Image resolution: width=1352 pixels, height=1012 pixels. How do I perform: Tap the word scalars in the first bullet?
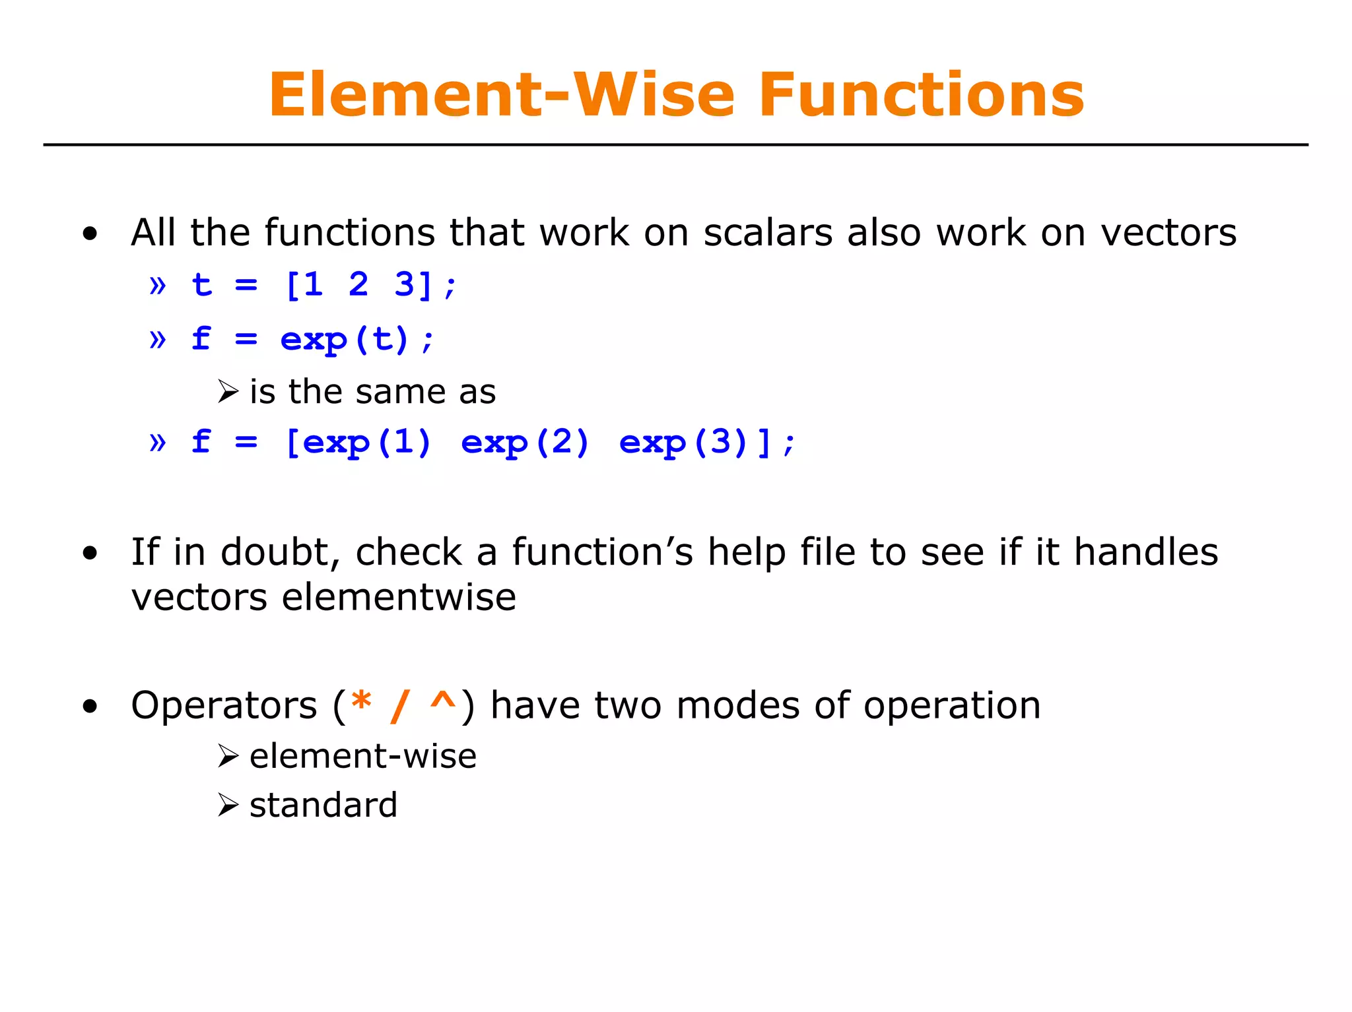[x=768, y=233]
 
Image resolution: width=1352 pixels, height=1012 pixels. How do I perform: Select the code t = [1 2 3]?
[x=323, y=286]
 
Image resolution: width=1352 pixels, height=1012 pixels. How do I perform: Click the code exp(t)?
[x=357, y=340]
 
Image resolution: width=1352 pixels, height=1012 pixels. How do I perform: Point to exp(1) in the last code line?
[x=366, y=443]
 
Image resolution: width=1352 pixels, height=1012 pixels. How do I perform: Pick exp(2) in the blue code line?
[x=525, y=443]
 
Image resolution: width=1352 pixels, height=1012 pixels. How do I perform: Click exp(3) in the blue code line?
[x=683, y=443]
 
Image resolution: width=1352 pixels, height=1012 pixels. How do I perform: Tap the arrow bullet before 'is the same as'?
[x=228, y=392]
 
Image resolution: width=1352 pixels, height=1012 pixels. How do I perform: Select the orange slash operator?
[x=400, y=706]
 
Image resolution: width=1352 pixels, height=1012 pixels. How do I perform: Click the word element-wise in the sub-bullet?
[x=363, y=756]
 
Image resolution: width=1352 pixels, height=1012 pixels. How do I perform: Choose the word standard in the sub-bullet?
[x=323, y=806]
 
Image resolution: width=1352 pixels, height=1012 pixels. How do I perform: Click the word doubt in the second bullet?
[x=280, y=552]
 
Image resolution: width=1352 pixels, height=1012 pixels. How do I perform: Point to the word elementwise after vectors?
[x=399, y=598]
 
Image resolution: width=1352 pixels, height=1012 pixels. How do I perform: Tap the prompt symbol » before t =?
[x=157, y=286]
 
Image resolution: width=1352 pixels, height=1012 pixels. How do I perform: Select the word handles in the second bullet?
[x=1145, y=552]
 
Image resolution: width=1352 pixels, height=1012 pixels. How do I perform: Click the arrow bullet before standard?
[x=228, y=806]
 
